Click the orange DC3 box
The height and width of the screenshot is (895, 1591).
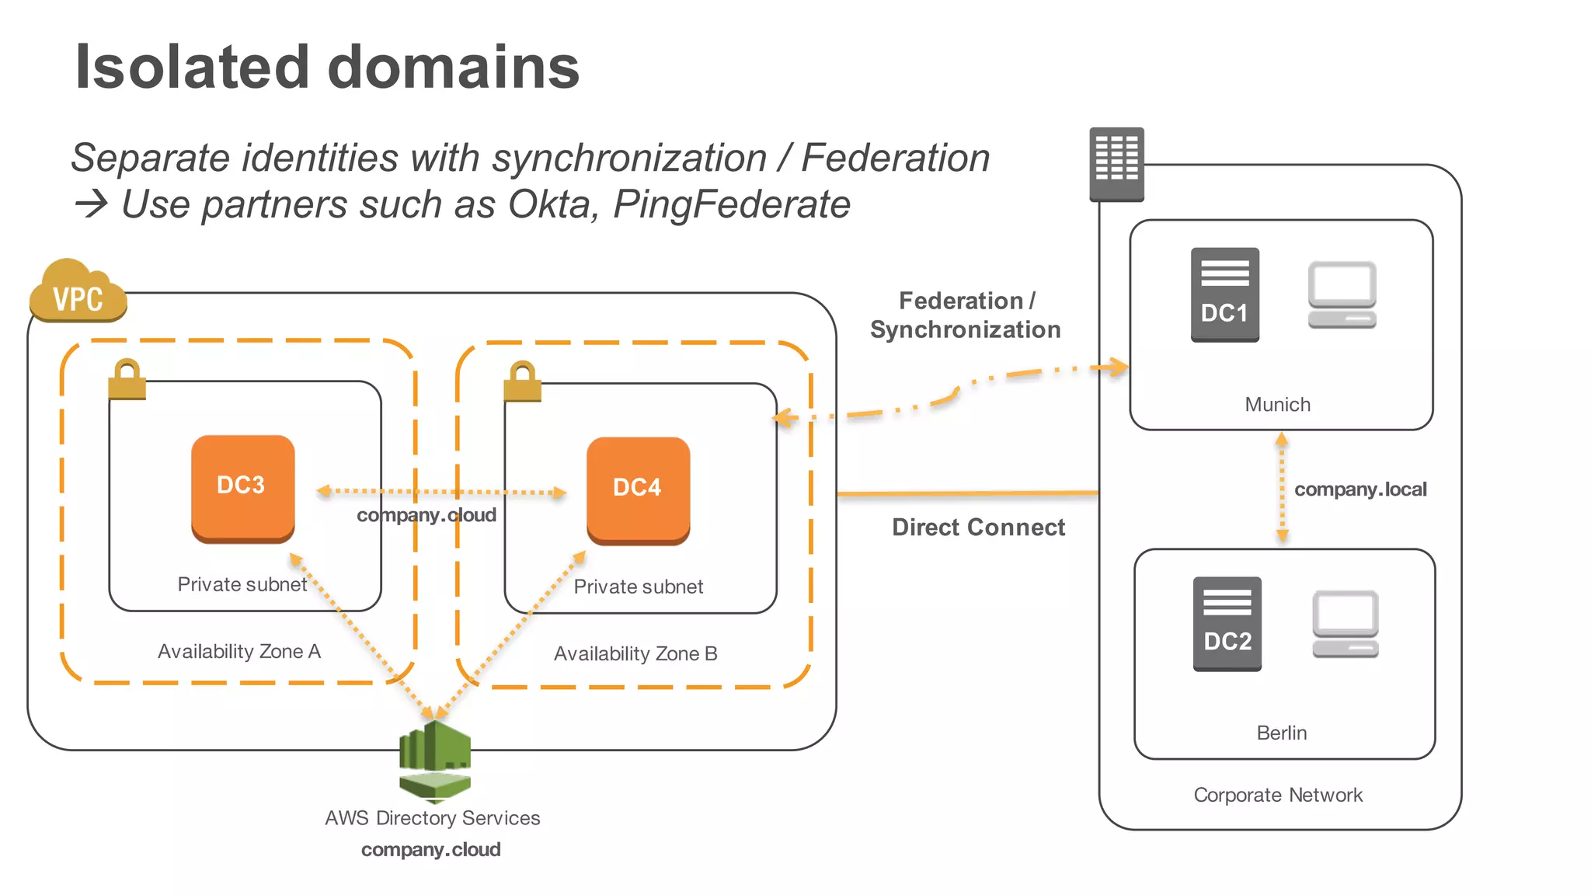point(242,488)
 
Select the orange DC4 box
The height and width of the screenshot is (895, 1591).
point(638,490)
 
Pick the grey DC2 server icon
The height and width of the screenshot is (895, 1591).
point(1227,624)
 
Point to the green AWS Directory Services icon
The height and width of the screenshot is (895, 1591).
point(435,761)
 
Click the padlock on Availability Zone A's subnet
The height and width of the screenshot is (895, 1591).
point(127,379)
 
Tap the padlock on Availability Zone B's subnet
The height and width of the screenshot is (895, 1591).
point(522,381)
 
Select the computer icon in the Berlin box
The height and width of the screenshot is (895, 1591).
point(1345,624)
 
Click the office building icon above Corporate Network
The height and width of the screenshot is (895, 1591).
point(1116,164)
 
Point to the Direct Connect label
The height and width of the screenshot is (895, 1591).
point(977,528)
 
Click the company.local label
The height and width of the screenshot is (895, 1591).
point(1359,489)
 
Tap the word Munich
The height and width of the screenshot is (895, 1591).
point(1277,405)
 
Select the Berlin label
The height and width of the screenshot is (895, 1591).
point(1281,733)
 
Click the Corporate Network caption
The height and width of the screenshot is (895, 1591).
point(1277,795)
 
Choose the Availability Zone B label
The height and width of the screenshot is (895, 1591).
point(635,653)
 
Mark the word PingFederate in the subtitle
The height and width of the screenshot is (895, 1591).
point(731,205)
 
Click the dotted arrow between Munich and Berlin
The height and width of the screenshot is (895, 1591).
point(1282,488)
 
